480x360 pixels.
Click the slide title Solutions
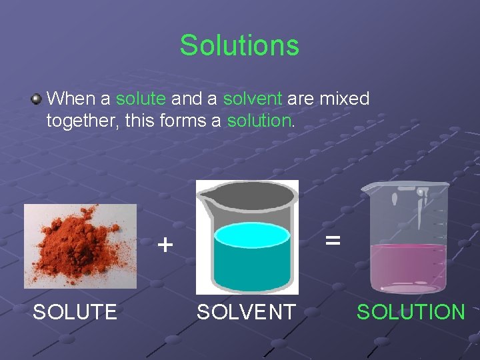point(239,45)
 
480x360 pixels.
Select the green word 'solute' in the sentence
point(140,99)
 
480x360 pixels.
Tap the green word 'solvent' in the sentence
point(253,99)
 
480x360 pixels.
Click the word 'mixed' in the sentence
point(345,99)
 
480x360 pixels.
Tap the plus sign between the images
point(165,245)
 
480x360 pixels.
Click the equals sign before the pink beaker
point(333,239)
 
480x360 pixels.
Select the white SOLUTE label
point(75,311)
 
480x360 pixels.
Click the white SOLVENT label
point(245,311)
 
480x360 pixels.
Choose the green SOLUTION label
point(411,311)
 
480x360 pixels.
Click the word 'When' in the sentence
point(72,99)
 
